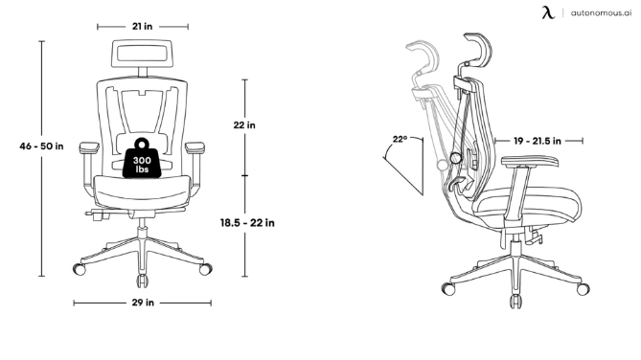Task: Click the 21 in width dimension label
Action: (x=144, y=27)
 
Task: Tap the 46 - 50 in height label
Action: (x=42, y=146)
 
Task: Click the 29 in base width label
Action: (x=144, y=303)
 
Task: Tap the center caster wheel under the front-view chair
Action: (x=144, y=281)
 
